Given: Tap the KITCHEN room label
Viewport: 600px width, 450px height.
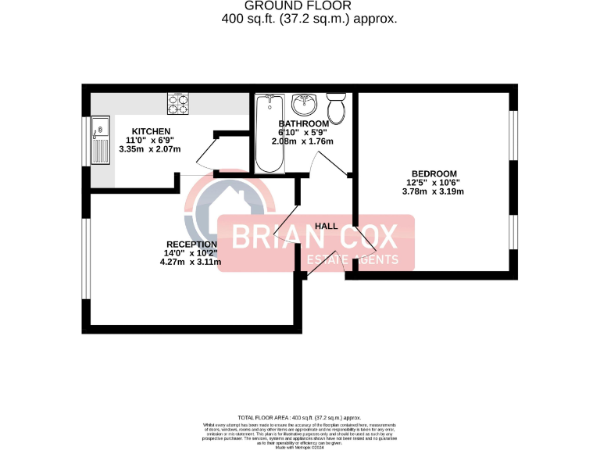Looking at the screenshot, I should pyautogui.click(x=151, y=130).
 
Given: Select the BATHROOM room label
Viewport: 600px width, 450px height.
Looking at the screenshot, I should pyautogui.click(x=304, y=123).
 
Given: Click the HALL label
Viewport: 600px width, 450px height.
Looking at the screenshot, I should pyautogui.click(x=327, y=226).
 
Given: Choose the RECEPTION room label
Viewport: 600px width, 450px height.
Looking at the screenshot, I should pyautogui.click(x=191, y=244).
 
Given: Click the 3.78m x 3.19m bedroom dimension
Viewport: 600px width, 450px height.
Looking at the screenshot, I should pyautogui.click(x=432, y=191).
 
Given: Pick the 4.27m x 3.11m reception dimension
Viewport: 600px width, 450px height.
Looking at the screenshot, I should pyautogui.click(x=190, y=262).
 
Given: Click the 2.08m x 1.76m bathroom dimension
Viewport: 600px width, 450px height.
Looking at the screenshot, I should pyautogui.click(x=302, y=141).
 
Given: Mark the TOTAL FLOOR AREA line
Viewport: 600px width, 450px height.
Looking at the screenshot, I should pyautogui.click(x=299, y=418).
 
